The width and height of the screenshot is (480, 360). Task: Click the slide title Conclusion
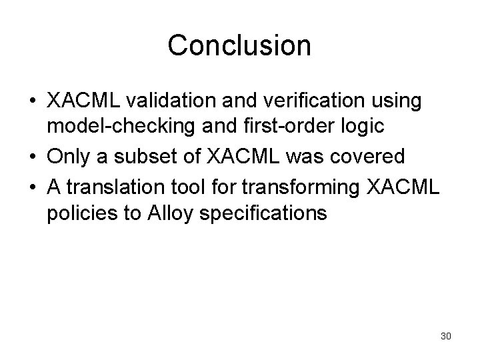(x=239, y=46)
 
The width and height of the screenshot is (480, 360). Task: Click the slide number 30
(x=446, y=336)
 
